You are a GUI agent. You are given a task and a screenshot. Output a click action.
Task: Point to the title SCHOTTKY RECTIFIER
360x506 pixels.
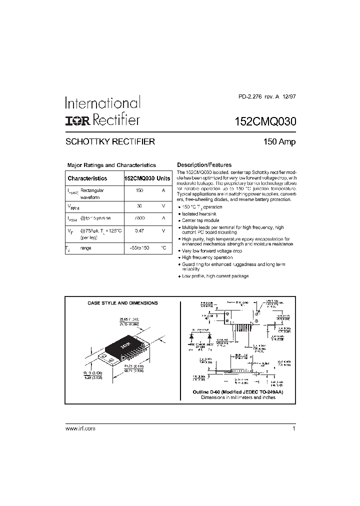110,141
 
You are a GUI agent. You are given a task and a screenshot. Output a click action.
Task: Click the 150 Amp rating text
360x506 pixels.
279,141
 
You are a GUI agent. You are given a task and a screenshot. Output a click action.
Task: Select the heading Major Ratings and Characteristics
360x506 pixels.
111,165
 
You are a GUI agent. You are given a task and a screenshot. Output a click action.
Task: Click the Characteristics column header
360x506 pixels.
87,178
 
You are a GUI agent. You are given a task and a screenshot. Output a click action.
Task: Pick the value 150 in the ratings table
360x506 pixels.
139,190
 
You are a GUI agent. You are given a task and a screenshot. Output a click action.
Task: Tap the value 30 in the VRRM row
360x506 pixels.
139,205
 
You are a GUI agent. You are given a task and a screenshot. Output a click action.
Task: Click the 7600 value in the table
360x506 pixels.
139,218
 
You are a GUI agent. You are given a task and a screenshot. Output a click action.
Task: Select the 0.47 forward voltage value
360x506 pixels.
139,230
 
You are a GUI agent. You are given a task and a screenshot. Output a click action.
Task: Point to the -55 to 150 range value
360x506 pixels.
139,248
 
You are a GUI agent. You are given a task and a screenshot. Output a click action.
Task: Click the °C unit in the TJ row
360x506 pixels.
163,248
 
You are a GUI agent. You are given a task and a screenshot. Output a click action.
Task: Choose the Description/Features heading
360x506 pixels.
204,165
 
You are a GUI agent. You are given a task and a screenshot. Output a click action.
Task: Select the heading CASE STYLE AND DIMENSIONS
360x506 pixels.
122,303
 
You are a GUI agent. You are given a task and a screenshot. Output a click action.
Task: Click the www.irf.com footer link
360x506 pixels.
80,429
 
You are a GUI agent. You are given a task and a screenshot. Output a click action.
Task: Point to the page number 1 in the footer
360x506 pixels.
294,429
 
